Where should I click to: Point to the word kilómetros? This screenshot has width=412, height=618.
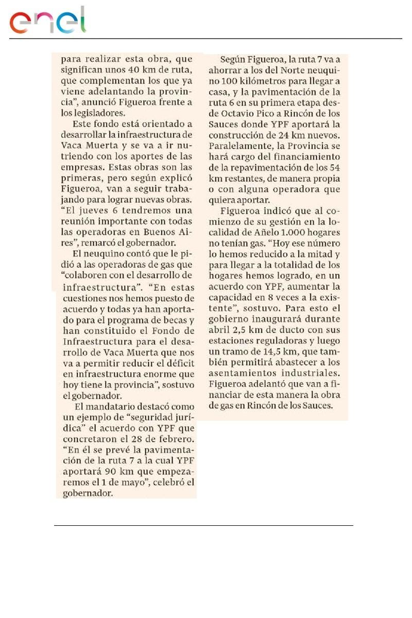point(269,81)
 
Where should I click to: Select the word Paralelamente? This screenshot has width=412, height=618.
point(240,146)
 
